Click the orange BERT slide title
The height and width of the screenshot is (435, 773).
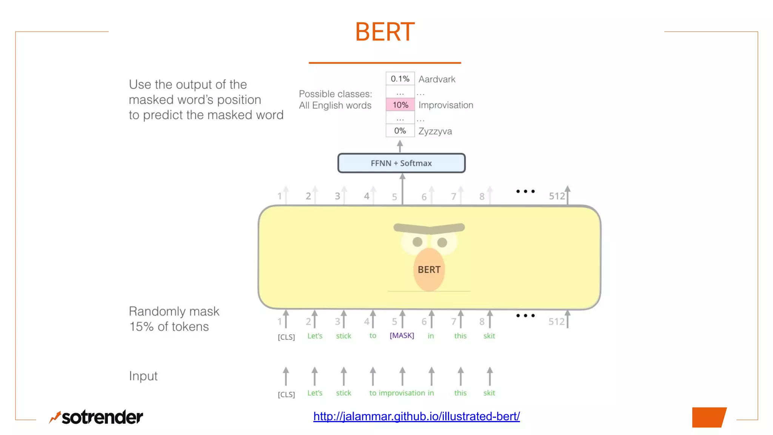click(x=385, y=32)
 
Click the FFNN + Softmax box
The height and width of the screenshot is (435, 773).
click(x=401, y=163)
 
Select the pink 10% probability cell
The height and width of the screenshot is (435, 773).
click(x=400, y=105)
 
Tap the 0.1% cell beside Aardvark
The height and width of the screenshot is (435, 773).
click(x=400, y=79)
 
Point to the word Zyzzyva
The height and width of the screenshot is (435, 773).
click(x=435, y=131)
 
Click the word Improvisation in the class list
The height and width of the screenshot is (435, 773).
click(x=445, y=105)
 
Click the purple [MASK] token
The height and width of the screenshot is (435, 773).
click(x=402, y=335)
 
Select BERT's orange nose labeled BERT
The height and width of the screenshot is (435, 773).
click(x=429, y=270)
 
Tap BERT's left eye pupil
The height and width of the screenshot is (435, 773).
click(x=417, y=242)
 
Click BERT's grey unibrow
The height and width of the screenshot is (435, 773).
click(x=429, y=228)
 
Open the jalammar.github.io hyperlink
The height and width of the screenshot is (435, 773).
click(x=416, y=416)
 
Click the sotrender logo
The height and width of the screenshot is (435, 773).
click(x=96, y=417)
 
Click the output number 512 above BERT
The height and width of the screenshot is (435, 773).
click(x=557, y=196)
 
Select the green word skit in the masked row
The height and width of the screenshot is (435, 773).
click(x=489, y=336)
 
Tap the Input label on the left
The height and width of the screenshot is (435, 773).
click(x=143, y=376)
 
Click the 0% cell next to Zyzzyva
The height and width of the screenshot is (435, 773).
click(x=400, y=131)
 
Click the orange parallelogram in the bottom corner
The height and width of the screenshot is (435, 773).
click(x=709, y=417)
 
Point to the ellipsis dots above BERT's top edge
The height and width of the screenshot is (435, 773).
click(x=525, y=191)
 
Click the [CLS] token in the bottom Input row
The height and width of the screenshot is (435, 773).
click(x=286, y=394)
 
